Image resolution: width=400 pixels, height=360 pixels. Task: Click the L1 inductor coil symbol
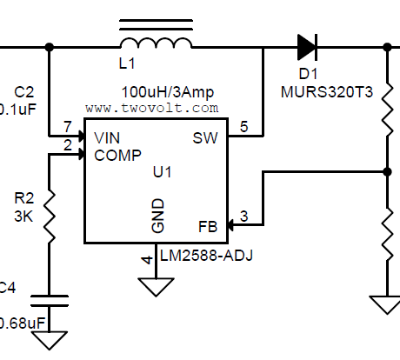[x=155, y=43]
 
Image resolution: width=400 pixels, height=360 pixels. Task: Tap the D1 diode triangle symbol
[x=305, y=46]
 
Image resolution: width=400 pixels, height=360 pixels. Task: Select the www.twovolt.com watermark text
[x=152, y=109]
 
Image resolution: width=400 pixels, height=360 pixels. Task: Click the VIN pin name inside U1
[x=107, y=137]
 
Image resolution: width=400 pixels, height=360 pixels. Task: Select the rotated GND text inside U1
[x=157, y=214]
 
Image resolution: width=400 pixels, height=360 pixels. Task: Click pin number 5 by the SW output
[x=243, y=127]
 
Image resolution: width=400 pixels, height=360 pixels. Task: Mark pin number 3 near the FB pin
[x=244, y=217]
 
